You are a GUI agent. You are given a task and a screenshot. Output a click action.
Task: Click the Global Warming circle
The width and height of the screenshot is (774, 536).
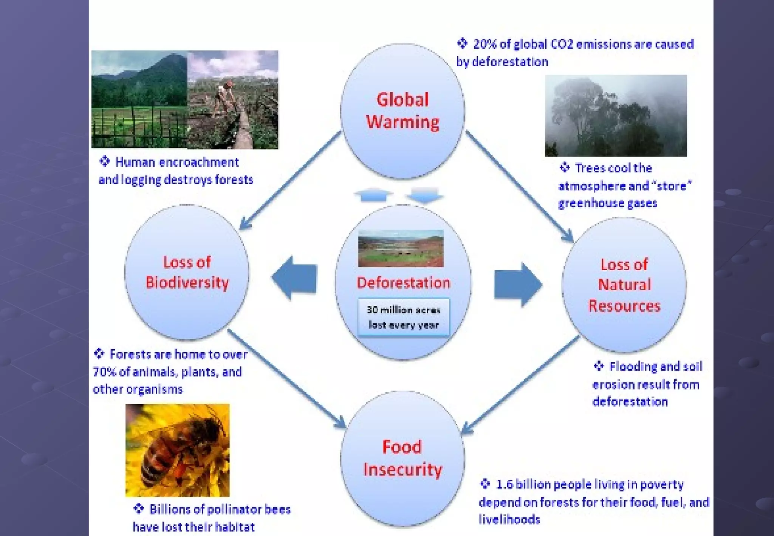tap(402, 111)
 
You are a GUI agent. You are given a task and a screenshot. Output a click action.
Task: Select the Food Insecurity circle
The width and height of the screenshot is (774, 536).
tap(402, 459)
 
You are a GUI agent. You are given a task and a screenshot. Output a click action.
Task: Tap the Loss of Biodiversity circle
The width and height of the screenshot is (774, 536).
tap(187, 273)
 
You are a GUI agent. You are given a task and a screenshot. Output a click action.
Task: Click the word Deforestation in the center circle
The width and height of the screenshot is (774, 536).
tap(403, 283)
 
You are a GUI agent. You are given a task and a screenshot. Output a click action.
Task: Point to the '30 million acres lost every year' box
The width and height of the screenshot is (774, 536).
tap(404, 317)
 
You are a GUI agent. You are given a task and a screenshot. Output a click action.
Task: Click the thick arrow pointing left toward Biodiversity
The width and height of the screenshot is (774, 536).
tap(294, 279)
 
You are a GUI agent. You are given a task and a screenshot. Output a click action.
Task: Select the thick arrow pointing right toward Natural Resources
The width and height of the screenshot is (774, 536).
tap(518, 285)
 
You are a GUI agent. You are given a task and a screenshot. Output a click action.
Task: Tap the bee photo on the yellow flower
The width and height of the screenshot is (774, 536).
tap(177, 450)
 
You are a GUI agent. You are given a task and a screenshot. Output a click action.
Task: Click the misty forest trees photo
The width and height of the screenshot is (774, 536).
tap(616, 115)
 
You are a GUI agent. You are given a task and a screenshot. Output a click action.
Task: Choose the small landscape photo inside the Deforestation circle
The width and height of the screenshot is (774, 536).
tap(401, 248)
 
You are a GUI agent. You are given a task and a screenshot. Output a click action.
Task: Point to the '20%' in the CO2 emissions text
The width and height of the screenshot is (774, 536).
tap(485, 44)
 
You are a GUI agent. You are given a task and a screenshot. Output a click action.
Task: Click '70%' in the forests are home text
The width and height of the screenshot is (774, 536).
tap(104, 372)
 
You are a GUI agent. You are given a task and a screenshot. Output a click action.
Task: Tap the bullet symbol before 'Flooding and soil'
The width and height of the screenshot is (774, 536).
tap(599, 366)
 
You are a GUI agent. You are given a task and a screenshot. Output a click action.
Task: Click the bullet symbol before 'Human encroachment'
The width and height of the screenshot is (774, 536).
tap(104, 161)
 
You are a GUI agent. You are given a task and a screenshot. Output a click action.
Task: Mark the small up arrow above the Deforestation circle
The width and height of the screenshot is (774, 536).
tap(373, 195)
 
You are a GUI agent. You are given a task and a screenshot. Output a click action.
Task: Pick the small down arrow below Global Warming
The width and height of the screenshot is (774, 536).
tap(424, 195)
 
